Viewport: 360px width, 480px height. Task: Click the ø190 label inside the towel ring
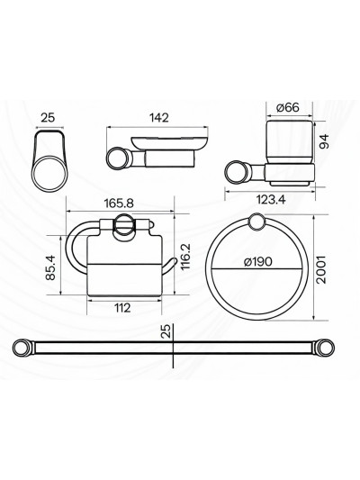click(x=257, y=264)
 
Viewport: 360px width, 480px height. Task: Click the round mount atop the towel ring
click(x=257, y=223)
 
